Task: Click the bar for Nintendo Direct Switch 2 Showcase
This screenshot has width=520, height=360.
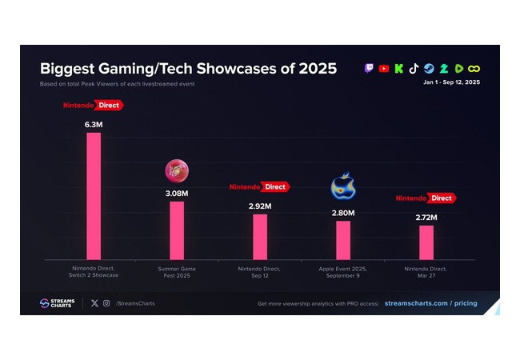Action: (94, 196)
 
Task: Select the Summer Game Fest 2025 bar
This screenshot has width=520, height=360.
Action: (177, 230)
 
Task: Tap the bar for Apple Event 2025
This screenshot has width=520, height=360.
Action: (343, 240)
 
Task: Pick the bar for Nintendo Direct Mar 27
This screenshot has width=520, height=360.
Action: (426, 242)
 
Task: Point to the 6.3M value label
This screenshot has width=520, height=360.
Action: (94, 125)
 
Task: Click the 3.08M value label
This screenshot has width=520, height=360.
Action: (177, 194)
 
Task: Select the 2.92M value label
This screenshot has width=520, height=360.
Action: (260, 206)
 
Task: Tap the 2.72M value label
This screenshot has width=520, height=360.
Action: (426, 218)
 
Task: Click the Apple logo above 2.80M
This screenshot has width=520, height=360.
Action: (343, 186)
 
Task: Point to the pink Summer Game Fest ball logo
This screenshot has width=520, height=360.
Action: (177, 171)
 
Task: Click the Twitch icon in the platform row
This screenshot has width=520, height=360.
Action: (369, 69)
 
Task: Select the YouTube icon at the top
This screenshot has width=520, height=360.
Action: (384, 69)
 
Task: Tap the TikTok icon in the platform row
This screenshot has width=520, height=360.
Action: (414, 69)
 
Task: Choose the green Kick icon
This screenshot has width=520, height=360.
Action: (399, 69)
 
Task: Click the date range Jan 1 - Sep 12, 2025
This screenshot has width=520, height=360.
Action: (451, 82)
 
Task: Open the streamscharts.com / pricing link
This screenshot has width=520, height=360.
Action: (430, 303)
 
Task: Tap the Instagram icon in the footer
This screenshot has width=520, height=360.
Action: (106, 303)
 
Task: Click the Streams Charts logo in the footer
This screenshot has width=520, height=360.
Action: (57, 303)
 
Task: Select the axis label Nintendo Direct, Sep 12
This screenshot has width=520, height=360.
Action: (259, 272)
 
